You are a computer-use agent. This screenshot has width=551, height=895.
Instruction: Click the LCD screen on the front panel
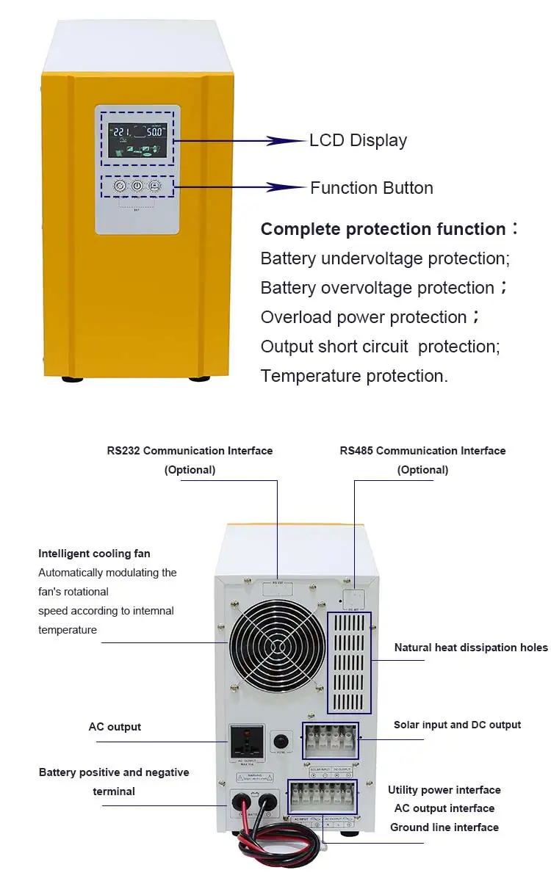137,140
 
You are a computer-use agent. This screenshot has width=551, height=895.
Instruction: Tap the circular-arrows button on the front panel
120,186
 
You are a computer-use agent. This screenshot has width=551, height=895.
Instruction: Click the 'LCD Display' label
358,140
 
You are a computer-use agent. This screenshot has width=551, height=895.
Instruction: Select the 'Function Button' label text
371,188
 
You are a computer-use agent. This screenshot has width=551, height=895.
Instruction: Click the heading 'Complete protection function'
383,229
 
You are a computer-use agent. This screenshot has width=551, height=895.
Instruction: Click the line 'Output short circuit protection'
380,347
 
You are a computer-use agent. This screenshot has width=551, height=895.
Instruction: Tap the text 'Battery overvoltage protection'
377,288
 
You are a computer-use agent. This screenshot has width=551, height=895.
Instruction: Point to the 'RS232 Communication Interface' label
190,451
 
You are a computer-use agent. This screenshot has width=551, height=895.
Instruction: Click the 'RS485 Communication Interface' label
422,451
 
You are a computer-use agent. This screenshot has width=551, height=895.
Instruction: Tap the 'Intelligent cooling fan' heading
94,554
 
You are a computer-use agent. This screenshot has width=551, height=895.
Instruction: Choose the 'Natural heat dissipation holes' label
471,648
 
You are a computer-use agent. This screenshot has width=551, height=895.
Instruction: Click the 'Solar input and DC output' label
457,725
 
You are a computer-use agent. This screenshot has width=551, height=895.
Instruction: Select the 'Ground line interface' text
444,827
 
